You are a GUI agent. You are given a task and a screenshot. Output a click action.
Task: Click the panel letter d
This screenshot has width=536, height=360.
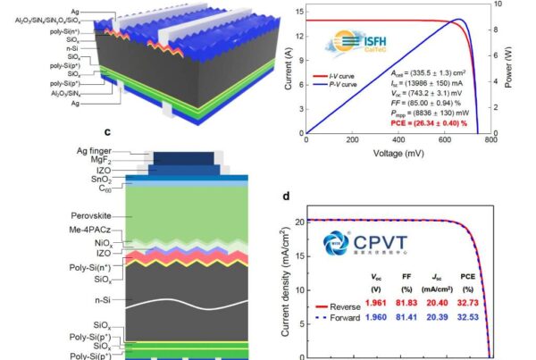click(x=286, y=198)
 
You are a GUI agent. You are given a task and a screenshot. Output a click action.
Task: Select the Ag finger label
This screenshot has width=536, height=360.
click(x=101, y=153)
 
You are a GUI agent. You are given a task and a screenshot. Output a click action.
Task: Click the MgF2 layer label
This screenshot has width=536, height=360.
click(x=109, y=163)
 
